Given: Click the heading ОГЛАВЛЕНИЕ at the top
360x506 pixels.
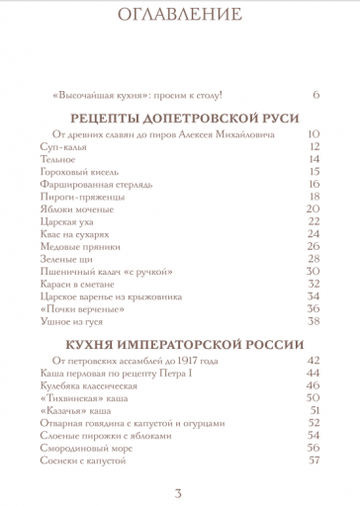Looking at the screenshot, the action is (179, 15).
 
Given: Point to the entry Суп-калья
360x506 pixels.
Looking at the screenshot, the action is (66, 145).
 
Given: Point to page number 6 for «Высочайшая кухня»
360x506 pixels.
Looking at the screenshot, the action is (315, 95).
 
